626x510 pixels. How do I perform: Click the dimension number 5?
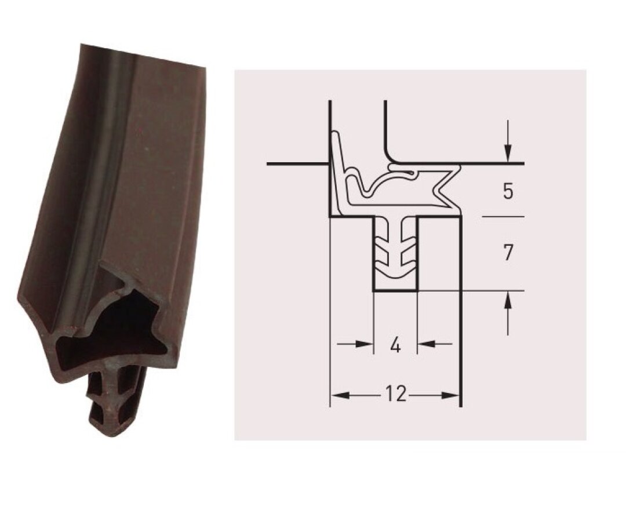tap(507, 191)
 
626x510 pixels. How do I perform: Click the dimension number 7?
tap(507, 253)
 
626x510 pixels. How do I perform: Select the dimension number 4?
tap(395, 345)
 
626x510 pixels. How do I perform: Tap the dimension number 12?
tap(396, 394)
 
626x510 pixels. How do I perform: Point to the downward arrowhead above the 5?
tap(507, 153)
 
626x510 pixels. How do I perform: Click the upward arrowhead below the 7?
tap(507, 300)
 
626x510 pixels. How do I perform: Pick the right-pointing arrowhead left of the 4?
tap(364, 344)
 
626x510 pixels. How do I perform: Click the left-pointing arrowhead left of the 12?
tap(341, 395)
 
